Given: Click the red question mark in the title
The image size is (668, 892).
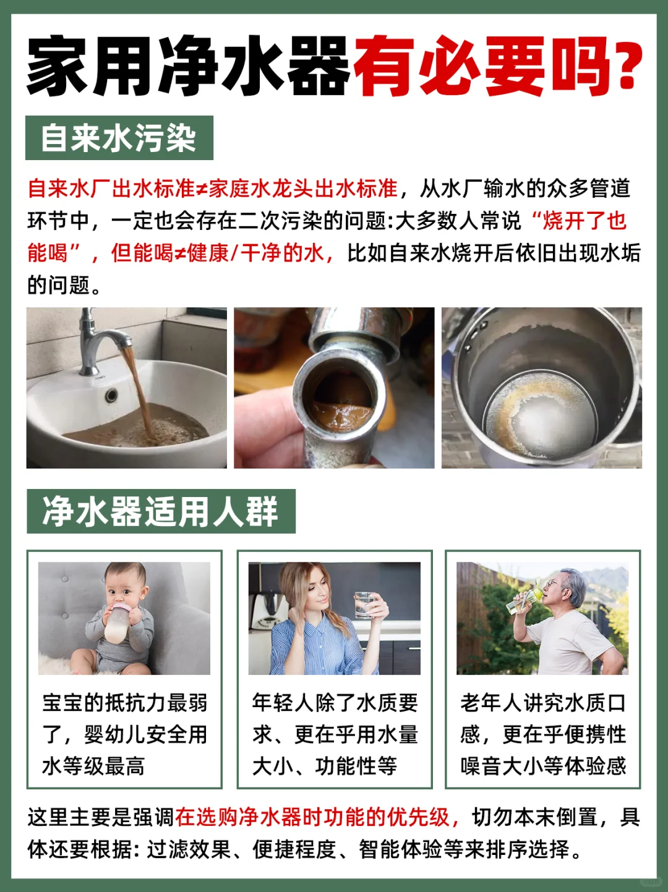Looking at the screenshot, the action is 623,66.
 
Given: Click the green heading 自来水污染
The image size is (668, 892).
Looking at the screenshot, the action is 119,138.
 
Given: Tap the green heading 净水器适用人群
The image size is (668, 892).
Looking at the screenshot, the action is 161,511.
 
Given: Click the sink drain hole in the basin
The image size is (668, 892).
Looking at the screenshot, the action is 111,394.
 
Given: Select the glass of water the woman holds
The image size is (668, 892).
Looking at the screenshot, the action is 364,605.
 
